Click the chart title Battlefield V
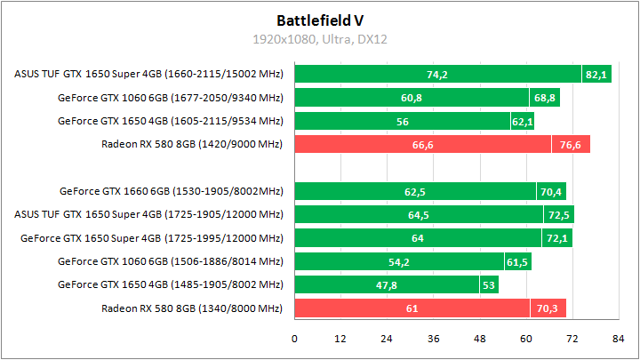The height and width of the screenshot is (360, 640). point(319,19)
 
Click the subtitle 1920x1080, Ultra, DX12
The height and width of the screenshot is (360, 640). point(319,39)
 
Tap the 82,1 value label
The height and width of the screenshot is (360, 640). point(596,75)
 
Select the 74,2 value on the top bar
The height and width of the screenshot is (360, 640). point(436,75)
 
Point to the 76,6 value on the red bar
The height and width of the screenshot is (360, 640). point(570,145)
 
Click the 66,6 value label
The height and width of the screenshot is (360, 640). point(422,145)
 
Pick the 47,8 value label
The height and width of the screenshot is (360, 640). point(386,284)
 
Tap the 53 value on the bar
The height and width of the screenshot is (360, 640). point(488,284)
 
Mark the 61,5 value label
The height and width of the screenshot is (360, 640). point(517,261)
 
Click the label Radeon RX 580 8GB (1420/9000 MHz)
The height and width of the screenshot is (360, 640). point(191,145)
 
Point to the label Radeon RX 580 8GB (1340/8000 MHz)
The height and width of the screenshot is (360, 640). point(191,308)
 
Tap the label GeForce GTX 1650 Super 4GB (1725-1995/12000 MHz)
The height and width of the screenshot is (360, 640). point(151,237)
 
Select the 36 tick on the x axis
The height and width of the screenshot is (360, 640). point(434,339)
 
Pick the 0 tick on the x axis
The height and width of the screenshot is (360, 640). point(295,339)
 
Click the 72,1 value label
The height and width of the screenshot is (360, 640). point(557,237)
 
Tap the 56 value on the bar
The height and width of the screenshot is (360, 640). point(403,121)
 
